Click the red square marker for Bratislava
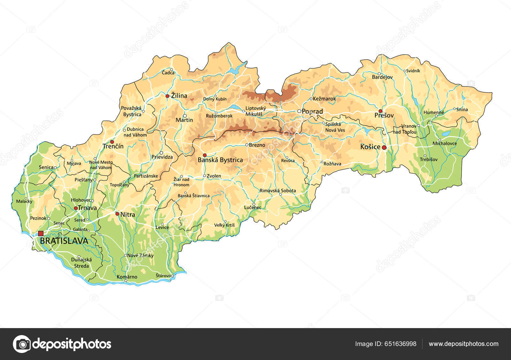pos(41,234)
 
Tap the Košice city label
pos(370,147)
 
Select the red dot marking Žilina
pos(167,96)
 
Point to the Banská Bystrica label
pos(220,160)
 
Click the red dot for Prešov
pos(380,111)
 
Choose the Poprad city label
pos(312,111)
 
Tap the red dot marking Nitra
pos(117,214)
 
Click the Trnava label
pos(87,208)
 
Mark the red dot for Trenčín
pos(112,142)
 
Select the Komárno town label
pos(127,277)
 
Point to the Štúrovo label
pos(163,275)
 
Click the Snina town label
pos(462,109)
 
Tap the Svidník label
pos(413,71)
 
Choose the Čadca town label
pos(168,73)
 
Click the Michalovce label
pos(445,143)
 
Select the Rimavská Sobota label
pos(278,191)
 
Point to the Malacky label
pos(24,201)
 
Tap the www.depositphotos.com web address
pos(463,344)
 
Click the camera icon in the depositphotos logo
pos(22,344)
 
